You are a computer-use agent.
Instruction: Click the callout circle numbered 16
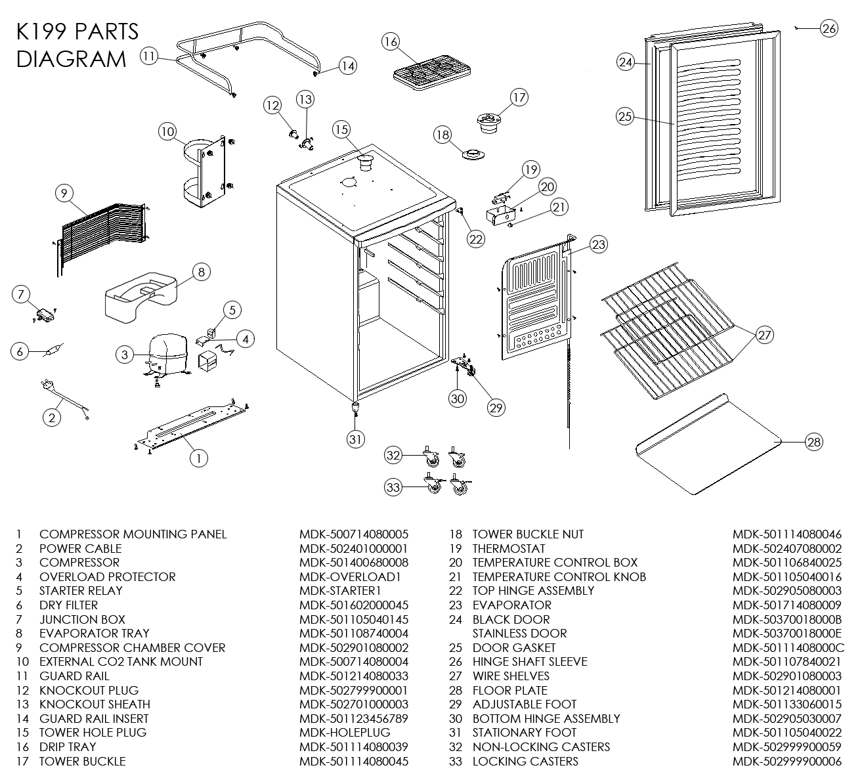pyautogui.click(x=391, y=42)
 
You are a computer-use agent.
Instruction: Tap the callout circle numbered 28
pyautogui.click(x=813, y=442)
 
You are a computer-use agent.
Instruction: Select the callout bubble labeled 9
pyautogui.click(x=63, y=193)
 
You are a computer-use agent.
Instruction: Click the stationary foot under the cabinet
pyautogui.click(x=356, y=408)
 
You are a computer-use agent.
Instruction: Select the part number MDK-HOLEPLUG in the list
pyautogui.click(x=345, y=733)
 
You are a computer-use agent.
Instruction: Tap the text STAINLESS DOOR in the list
pyautogui.click(x=519, y=634)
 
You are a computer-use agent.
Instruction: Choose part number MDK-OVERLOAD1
pyautogui.click(x=350, y=577)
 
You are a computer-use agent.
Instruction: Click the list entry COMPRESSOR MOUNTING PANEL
pyautogui.click(x=133, y=534)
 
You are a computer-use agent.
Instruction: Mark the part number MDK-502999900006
pyautogui.click(x=787, y=762)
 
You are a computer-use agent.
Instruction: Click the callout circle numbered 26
pyautogui.click(x=829, y=28)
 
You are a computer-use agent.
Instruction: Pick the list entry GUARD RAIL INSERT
pyautogui.click(x=94, y=719)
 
